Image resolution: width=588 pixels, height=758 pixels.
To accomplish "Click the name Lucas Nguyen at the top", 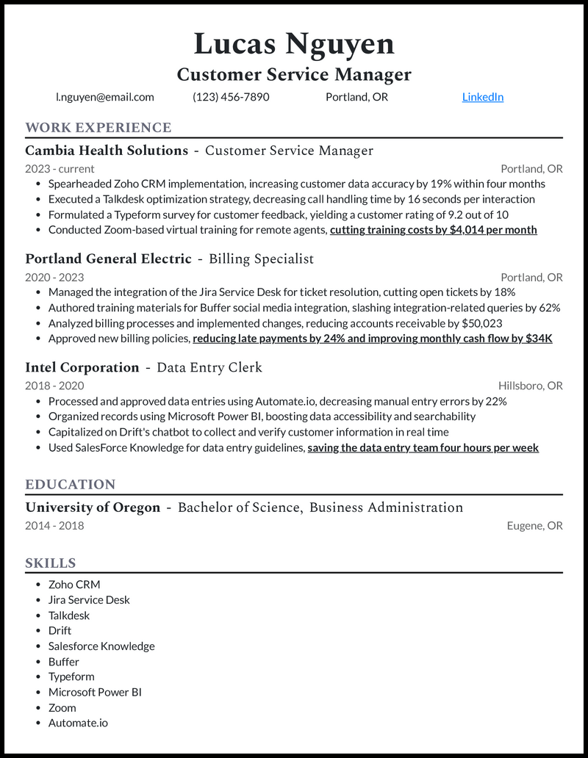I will tap(294, 45).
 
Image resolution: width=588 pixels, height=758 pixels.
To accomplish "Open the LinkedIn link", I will tap(482, 97).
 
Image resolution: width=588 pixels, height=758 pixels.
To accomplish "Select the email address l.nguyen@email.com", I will tap(105, 97).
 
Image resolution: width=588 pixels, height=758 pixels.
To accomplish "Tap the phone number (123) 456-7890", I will tap(231, 97).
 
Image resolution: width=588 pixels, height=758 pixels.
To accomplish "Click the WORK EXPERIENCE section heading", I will tap(98, 128).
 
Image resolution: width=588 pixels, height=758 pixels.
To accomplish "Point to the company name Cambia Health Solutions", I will tap(107, 151).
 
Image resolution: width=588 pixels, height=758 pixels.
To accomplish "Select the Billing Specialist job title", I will tap(261, 259).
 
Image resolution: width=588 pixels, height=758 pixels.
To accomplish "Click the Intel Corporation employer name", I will tap(82, 367).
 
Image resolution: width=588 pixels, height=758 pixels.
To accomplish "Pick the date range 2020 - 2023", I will tap(54, 277).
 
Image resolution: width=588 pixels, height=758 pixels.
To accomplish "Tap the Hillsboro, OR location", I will tap(530, 386).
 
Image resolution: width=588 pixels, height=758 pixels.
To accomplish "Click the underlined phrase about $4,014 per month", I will tap(433, 230).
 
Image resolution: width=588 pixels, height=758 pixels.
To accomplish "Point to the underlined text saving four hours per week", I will tap(423, 447).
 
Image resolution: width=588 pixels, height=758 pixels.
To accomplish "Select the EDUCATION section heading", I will tap(71, 485).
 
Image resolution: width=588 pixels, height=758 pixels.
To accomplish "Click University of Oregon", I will tap(93, 508).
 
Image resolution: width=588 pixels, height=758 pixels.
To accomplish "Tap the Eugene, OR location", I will tap(534, 525).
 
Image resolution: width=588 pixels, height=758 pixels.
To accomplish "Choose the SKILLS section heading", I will tap(51, 563).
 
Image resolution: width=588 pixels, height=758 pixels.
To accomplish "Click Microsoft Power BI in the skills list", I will tap(95, 692).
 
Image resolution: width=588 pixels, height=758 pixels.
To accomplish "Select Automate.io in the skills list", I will tap(78, 723).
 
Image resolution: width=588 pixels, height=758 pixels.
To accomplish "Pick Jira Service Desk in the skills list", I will tap(89, 600).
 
